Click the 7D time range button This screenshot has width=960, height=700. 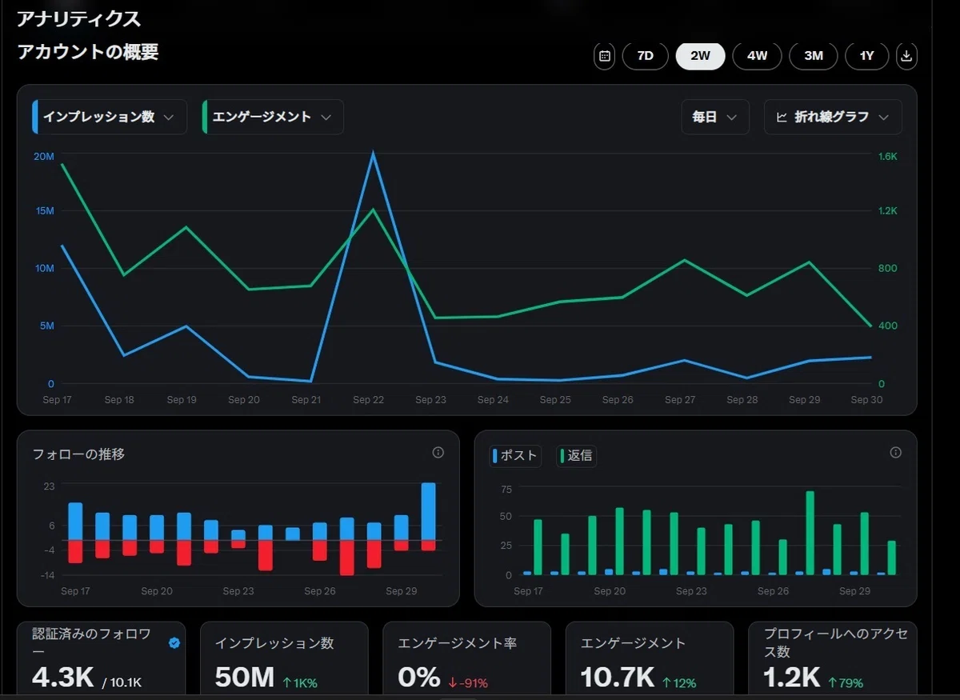pyautogui.click(x=645, y=56)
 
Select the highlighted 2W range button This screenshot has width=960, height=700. pyautogui.click(x=700, y=56)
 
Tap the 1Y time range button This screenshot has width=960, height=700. pyautogui.click(x=866, y=56)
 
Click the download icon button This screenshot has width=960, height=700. pyautogui.click(x=906, y=56)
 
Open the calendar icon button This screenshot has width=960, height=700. pyautogui.click(x=604, y=56)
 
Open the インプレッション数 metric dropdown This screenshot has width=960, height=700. pyautogui.click(x=110, y=117)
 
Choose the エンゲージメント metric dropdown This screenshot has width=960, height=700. pyautogui.click(x=273, y=117)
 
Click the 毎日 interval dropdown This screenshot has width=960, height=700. pyautogui.click(x=715, y=117)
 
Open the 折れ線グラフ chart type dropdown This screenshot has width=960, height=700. pyautogui.click(x=833, y=117)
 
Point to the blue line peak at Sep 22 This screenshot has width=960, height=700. pyautogui.click(x=373, y=153)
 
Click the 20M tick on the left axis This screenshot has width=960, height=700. pyautogui.click(x=44, y=157)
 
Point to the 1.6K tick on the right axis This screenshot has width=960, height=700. pyautogui.click(x=887, y=157)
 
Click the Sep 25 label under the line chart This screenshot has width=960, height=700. pyautogui.click(x=555, y=399)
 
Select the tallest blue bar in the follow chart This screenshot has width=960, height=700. pyautogui.click(x=429, y=511)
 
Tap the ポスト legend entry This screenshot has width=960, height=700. pyautogui.click(x=515, y=455)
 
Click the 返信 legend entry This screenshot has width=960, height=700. pyautogui.click(x=576, y=455)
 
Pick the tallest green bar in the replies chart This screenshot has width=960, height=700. pyautogui.click(x=810, y=533)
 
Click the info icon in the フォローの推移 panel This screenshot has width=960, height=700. pyautogui.click(x=438, y=452)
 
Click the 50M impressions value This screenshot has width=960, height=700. pyautogui.click(x=244, y=678)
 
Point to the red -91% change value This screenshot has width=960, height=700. pyautogui.click(x=468, y=683)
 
